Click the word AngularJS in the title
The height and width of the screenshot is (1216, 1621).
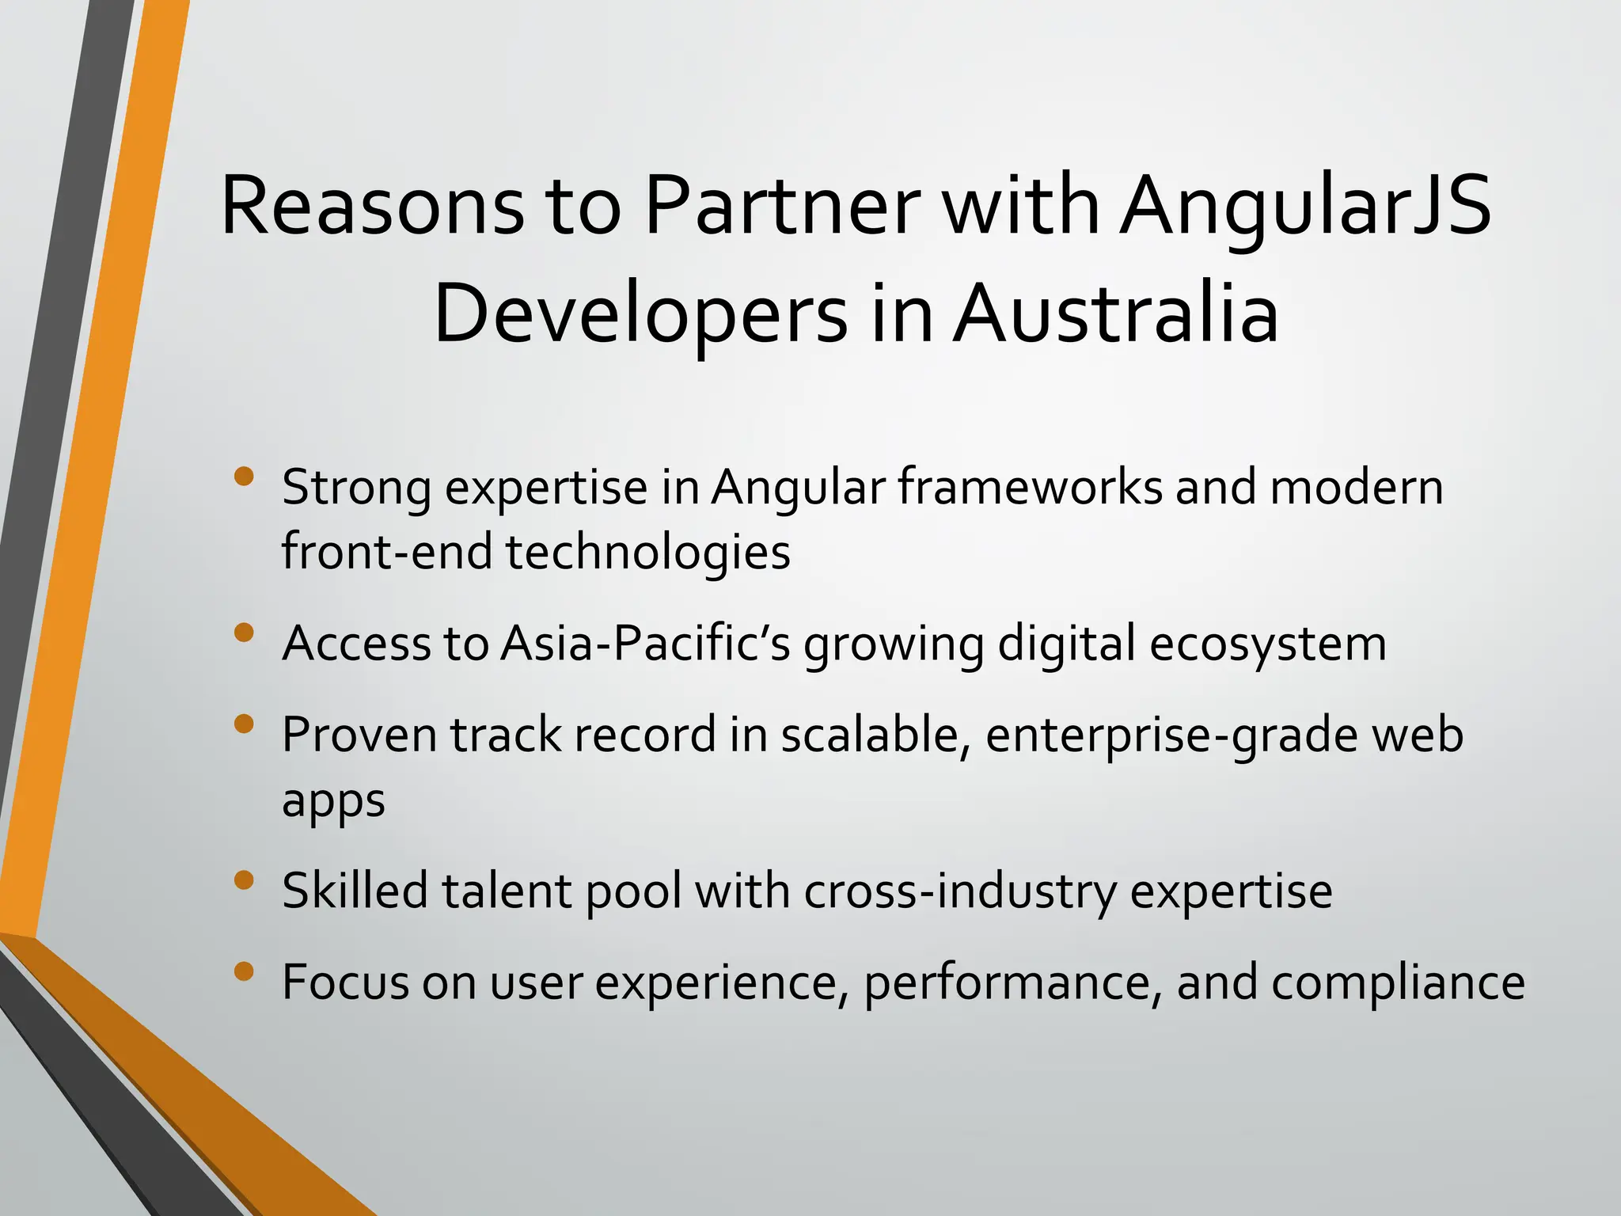pos(1304,207)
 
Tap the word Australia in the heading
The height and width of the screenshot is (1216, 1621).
pos(1115,315)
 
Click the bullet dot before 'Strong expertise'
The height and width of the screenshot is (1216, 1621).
pos(245,477)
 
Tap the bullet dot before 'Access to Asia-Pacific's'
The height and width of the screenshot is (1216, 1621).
pos(245,633)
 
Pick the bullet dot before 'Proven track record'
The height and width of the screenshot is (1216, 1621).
pos(245,724)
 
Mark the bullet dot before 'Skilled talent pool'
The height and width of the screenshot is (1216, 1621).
pos(245,880)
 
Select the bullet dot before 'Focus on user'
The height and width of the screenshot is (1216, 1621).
pos(245,971)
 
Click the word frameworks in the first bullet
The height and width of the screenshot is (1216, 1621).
pos(1030,487)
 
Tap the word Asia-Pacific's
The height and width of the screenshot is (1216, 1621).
pos(645,643)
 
